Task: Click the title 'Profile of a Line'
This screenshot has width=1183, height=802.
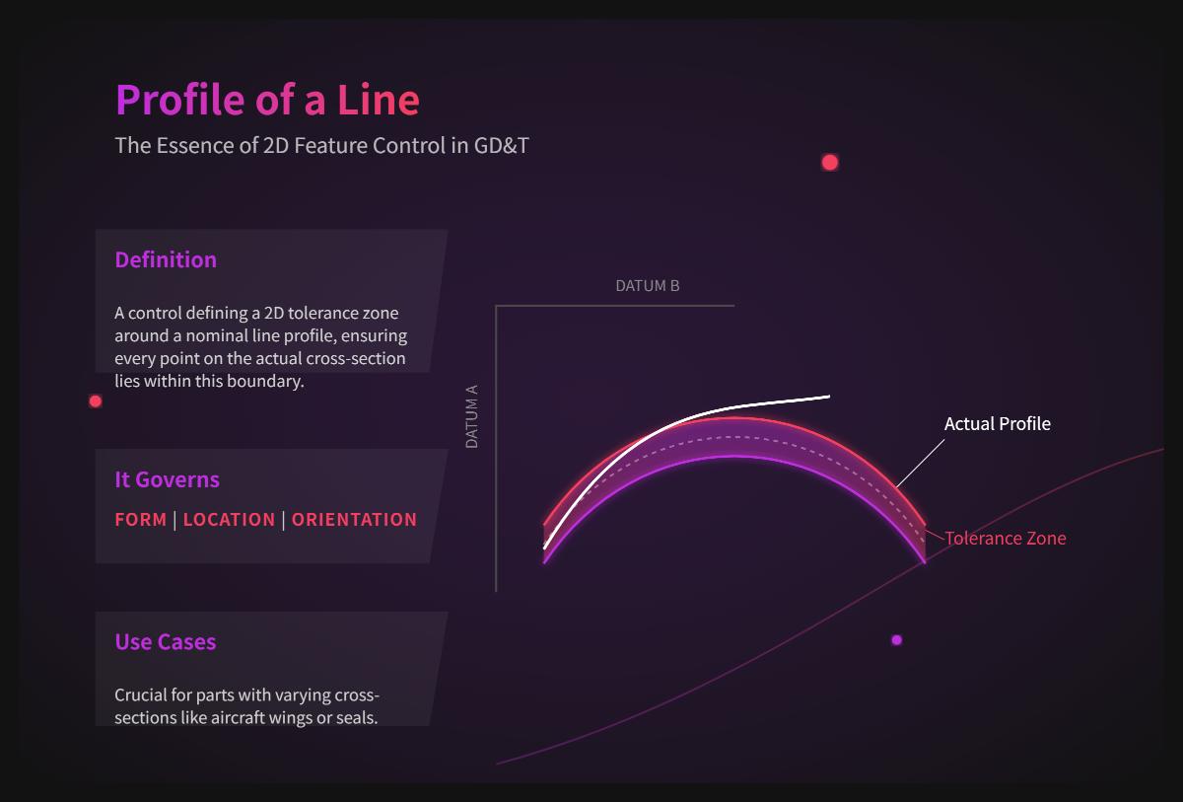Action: [267, 100]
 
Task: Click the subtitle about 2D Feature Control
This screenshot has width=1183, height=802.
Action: [321, 145]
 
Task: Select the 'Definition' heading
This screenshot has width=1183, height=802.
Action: [166, 259]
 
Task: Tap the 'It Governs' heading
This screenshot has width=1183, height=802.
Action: [167, 479]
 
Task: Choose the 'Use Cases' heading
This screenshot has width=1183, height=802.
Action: [165, 641]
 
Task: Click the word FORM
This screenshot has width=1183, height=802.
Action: [140, 519]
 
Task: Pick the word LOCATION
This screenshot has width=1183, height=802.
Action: [229, 519]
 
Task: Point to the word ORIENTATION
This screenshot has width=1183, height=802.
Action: [354, 519]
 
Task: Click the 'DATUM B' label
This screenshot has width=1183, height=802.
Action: [647, 286]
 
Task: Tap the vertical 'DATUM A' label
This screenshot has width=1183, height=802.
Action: [471, 417]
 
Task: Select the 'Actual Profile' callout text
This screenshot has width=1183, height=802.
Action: [997, 423]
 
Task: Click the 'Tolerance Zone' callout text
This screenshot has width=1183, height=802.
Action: [1005, 538]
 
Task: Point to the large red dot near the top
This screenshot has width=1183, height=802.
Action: [830, 162]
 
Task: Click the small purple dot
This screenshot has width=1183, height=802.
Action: [896, 640]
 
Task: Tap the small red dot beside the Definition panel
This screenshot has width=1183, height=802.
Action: [96, 401]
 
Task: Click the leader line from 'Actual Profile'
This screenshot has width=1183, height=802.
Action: [920, 463]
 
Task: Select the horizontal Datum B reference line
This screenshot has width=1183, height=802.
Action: [615, 306]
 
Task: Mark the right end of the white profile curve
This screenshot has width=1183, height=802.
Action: [827, 397]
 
